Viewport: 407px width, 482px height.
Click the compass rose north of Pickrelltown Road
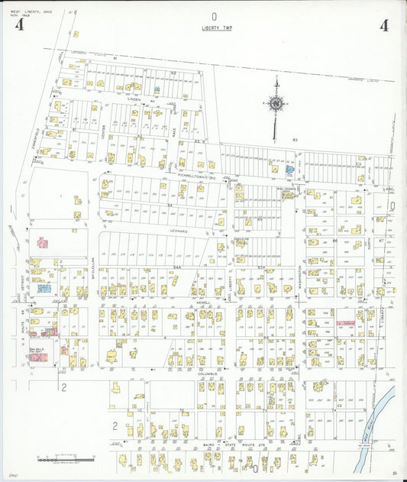pyautogui.click(x=275, y=102)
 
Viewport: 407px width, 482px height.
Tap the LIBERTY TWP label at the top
pyautogui.click(x=215, y=28)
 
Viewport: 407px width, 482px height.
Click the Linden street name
pyautogui.click(x=134, y=99)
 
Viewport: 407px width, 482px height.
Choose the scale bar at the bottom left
pyautogui.click(x=75, y=460)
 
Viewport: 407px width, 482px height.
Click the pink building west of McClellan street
pyautogui.click(x=43, y=242)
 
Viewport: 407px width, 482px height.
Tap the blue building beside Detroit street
pyautogui.click(x=44, y=289)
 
